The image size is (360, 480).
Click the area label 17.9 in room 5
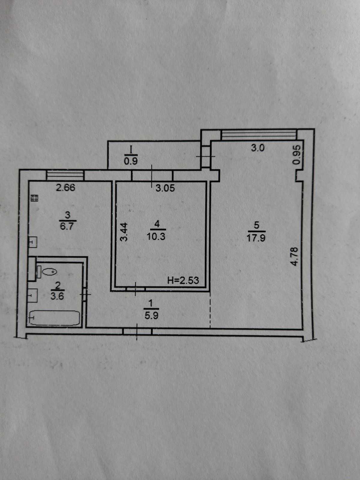[x=256, y=238]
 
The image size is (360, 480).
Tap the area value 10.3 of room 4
[x=156, y=236]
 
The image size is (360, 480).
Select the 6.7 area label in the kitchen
[x=67, y=226]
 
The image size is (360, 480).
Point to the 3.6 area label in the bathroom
[x=57, y=296]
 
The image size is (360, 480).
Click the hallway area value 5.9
[x=151, y=316]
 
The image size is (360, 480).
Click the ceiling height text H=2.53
[x=183, y=280]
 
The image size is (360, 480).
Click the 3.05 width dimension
[x=165, y=188]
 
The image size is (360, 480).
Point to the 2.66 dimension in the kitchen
[x=66, y=188]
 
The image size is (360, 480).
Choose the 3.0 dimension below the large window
[x=258, y=148]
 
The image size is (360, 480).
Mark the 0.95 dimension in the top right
[x=296, y=155]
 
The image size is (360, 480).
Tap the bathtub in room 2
[x=55, y=318]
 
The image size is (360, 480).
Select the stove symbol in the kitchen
[x=34, y=198]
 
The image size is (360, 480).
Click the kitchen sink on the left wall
[x=32, y=242]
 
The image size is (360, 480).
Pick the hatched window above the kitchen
[x=65, y=175]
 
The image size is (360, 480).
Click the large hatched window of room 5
[x=258, y=134]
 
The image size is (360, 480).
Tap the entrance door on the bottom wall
[x=137, y=332]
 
